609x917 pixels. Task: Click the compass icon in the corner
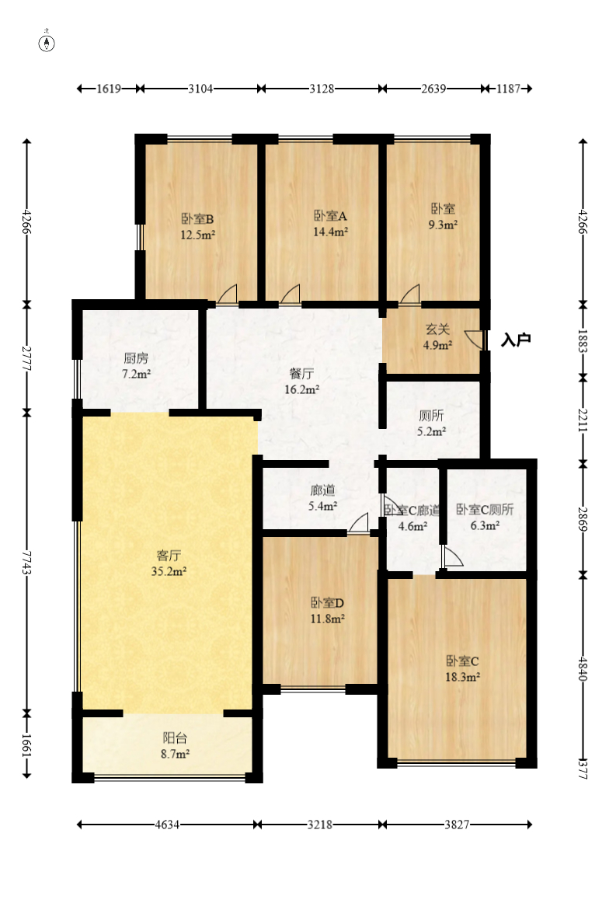coord(47,43)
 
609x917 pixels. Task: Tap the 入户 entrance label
coord(516,340)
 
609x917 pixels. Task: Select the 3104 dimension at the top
coord(200,89)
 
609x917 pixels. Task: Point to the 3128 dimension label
coord(322,89)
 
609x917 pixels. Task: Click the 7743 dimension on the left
coord(26,562)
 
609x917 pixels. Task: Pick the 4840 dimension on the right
coord(583,668)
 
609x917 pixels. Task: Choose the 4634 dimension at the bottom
coord(167,825)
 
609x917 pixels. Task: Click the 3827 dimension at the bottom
coord(457,825)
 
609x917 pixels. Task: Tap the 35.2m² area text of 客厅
coord(169,571)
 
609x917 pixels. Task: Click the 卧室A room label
coord(330,216)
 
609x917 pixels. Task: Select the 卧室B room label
coord(197,219)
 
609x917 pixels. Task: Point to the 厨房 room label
coord(136,358)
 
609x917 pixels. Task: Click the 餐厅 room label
coord(301,373)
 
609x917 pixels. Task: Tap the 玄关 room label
coord(437,329)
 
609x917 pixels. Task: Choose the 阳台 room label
coord(175,738)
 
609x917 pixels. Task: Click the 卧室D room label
coord(327,602)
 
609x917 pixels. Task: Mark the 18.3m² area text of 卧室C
coord(462,677)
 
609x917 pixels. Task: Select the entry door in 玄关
coord(475,340)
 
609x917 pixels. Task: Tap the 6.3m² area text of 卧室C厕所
coord(485,526)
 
